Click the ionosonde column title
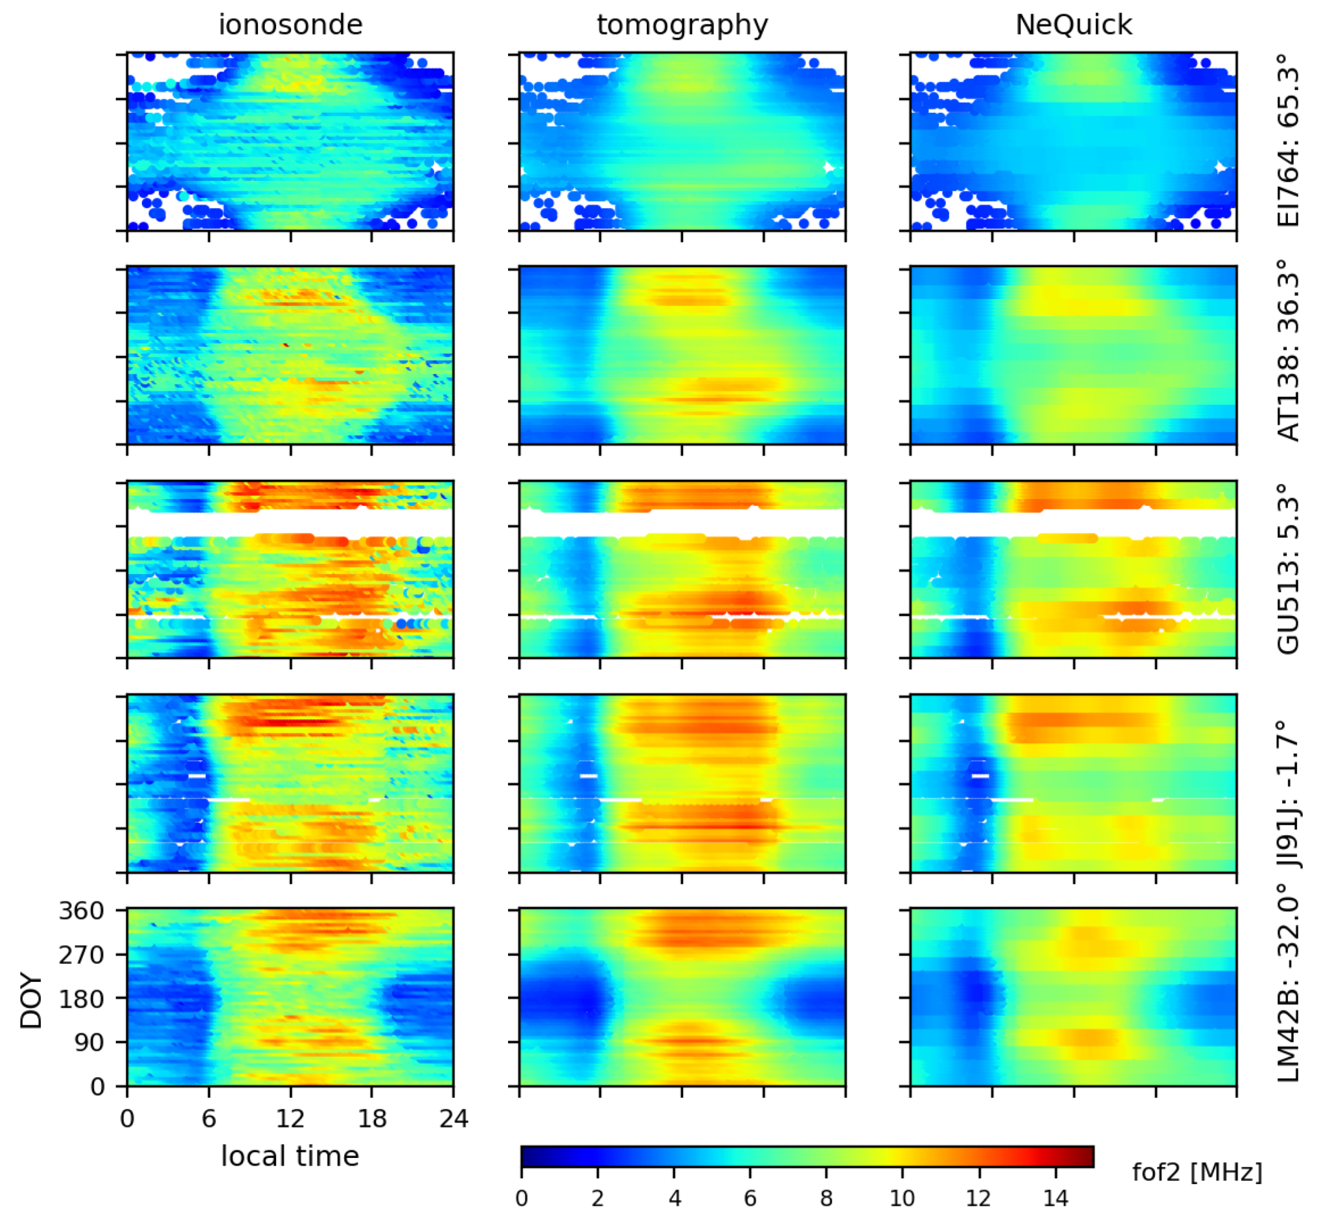click(x=290, y=25)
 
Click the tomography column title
click(x=682, y=25)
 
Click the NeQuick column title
click(x=1073, y=25)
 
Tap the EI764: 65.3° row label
click(x=1288, y=141)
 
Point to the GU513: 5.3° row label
click(x=1288, y=570)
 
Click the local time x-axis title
click(x=290, y=1156)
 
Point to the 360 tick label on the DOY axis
click(x=81, y=911)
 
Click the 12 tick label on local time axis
click(x=290, y=1119)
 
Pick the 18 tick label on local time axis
click(x=372, y=1119)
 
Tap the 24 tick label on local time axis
click(x=453, y=1119)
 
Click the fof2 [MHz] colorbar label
click(x=1197, y=1172)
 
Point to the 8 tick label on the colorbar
click(x=826, y=1198)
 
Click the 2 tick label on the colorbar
click(x=597, y=1198)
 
